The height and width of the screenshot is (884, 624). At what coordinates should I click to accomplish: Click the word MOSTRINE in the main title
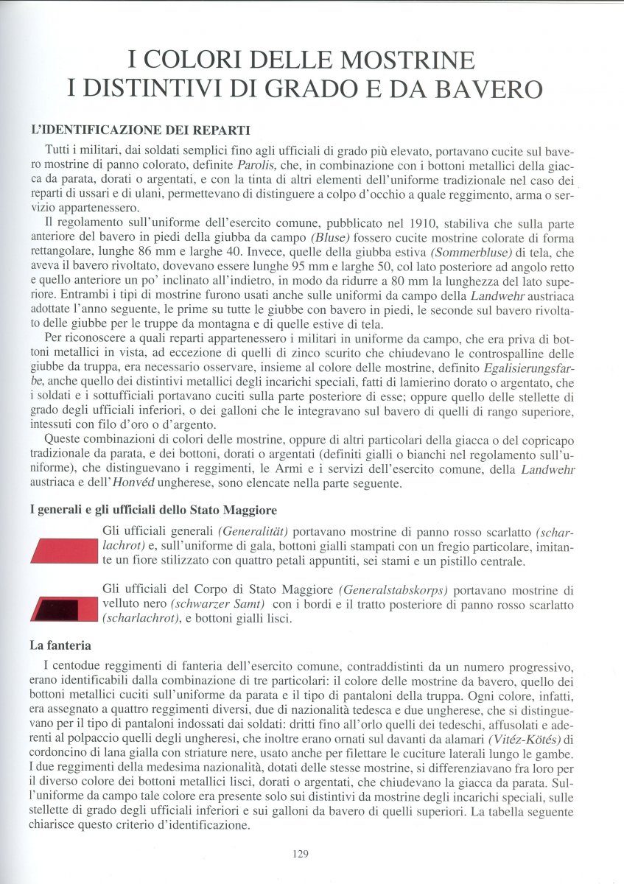pyautogui.click(x=393, y=58)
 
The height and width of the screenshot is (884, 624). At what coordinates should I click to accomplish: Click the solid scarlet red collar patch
pyautogui.click(x=64, y=552)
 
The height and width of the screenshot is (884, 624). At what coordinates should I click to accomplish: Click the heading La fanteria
pyautogui.click(x=60, y=646)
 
